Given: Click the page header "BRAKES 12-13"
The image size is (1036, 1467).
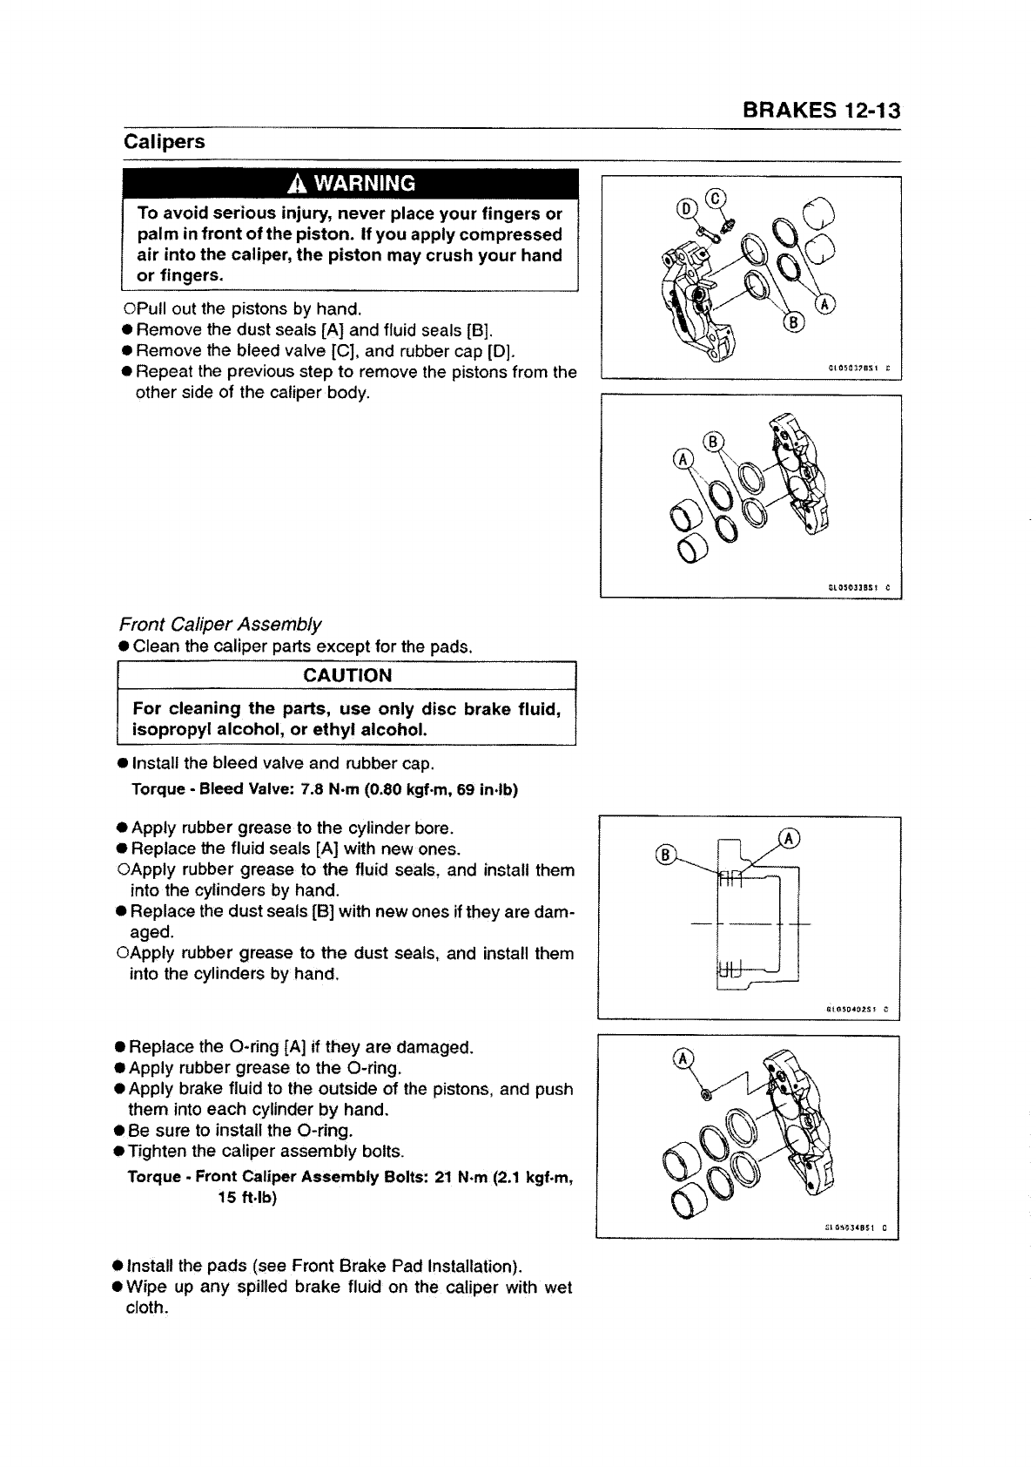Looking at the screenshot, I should tap(821, 111).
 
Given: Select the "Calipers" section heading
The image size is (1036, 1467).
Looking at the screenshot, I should tap(165, 142).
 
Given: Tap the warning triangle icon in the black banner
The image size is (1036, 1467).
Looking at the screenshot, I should tap(298, 183).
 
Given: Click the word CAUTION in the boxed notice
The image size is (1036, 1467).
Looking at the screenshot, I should tap(347, 676).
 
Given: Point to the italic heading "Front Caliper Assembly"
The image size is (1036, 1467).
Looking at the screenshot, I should tap(220, 625).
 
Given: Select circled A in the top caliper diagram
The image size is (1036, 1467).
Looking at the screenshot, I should tap(824, 304).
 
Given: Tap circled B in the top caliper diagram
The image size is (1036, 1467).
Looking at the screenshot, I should tap(794, 325).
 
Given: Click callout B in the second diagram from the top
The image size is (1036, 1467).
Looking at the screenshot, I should tap(713, 441).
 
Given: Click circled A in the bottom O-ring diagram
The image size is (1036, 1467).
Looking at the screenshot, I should tap(683, 1058).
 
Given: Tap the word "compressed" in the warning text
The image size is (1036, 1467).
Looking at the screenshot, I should tap(510, 234).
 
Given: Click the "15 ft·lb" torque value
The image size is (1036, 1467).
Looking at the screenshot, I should tap(247, 1198).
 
